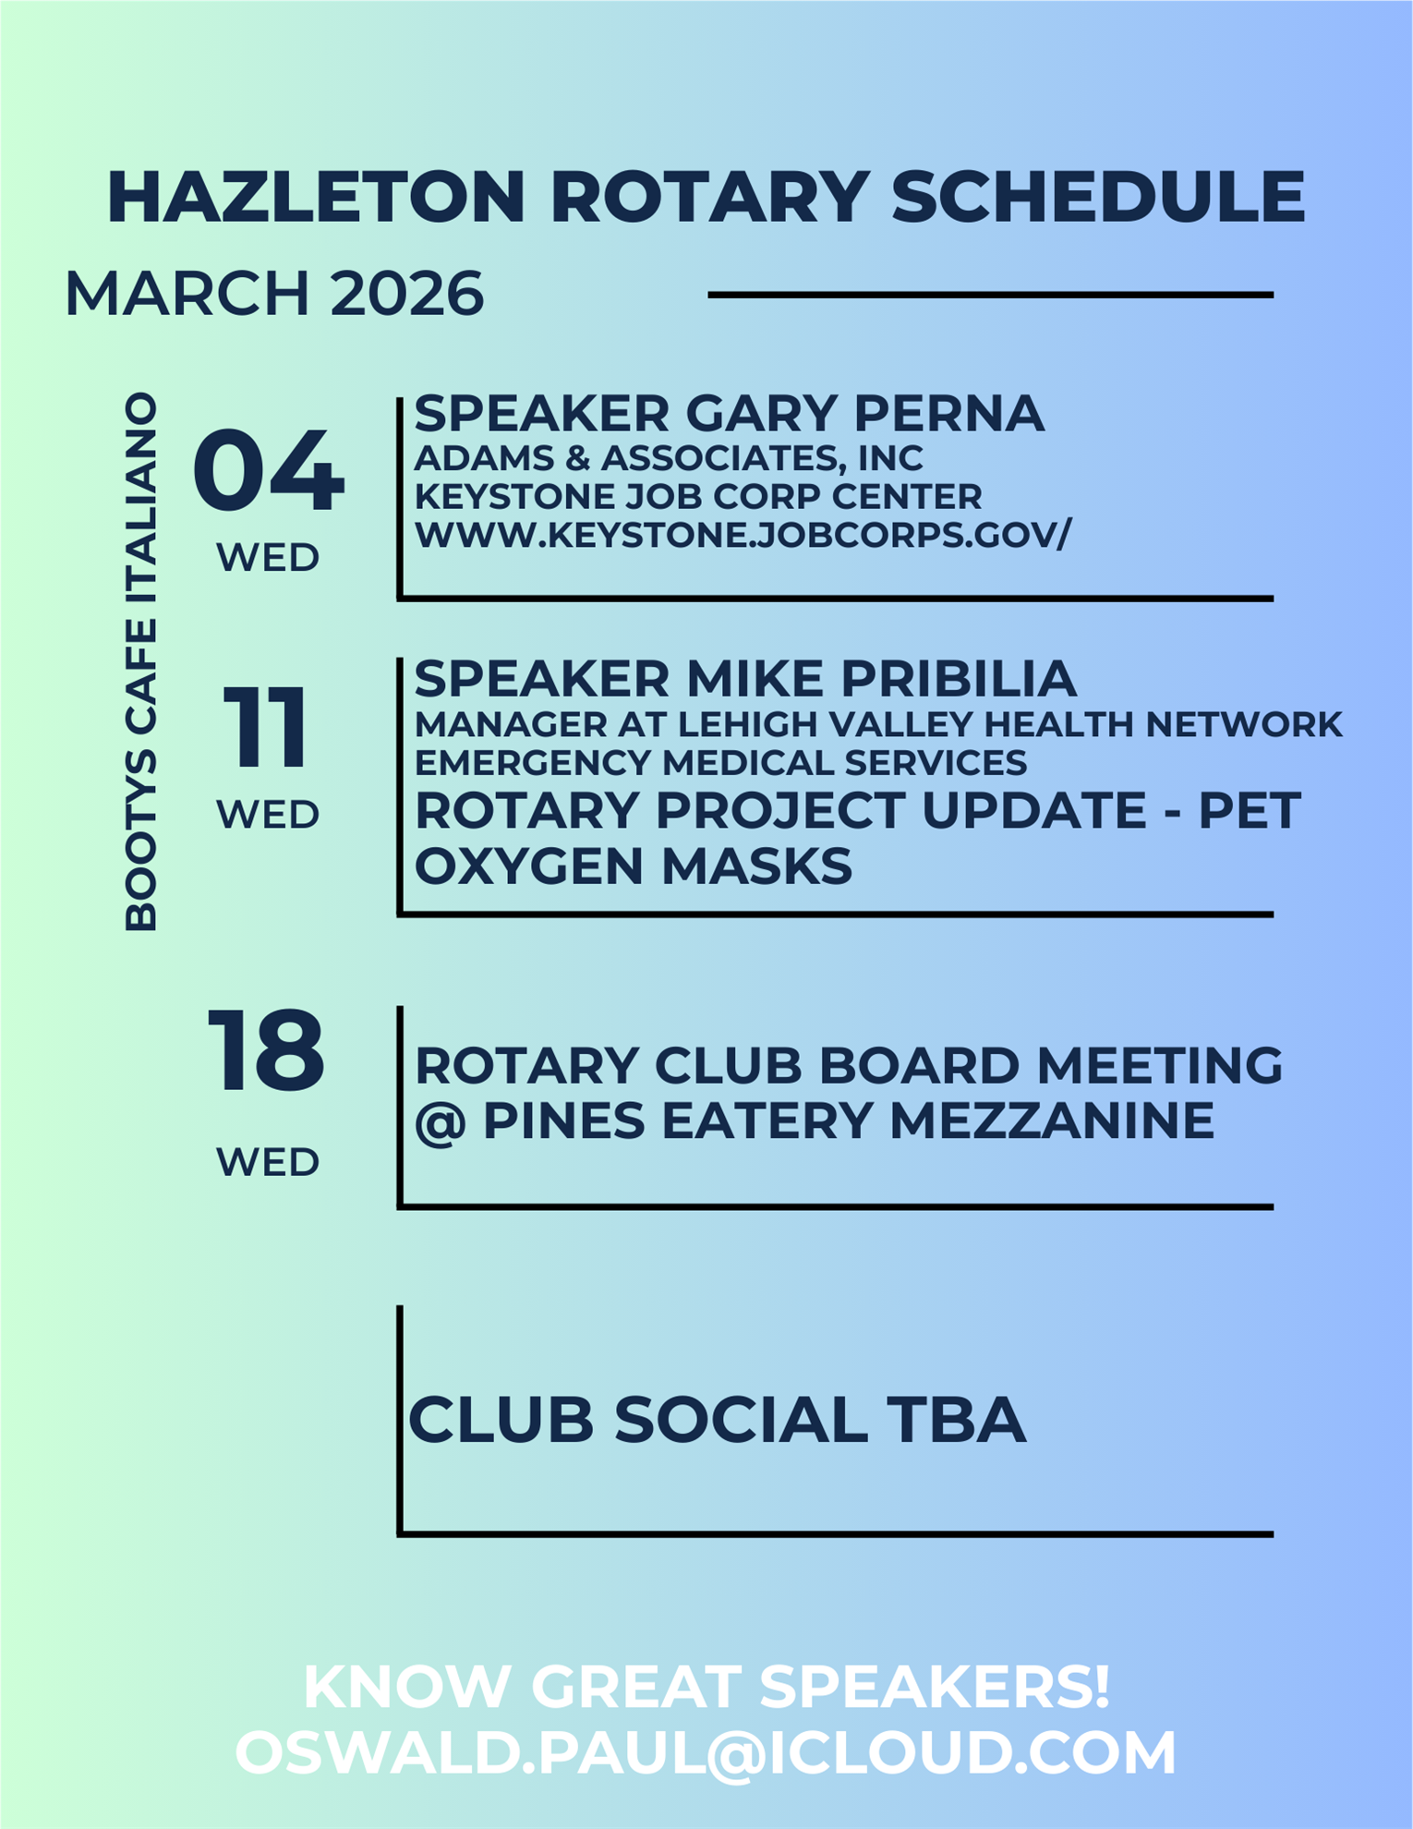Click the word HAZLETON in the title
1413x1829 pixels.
(x=316, y=197)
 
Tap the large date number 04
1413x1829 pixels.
(x=269, y=470)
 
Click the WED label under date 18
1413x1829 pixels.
(x=268, y=1161)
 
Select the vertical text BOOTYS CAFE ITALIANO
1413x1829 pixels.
(x=141, y=661)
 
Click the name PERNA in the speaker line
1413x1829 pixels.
(x=948, y=413)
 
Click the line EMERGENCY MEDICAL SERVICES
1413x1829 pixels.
(x=720, y=762)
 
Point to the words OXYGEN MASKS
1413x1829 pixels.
(x=634, y=866)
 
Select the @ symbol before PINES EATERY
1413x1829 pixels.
(x=440, y=1122)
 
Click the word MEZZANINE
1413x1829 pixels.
(x=1052, y=1120)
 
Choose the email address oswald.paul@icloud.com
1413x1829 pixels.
(x=706, y=1752)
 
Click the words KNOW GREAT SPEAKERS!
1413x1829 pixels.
(x=706, y=1687)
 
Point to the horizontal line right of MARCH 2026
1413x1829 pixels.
(x=991, y=295)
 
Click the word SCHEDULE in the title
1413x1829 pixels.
(x=1098, y=197)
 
